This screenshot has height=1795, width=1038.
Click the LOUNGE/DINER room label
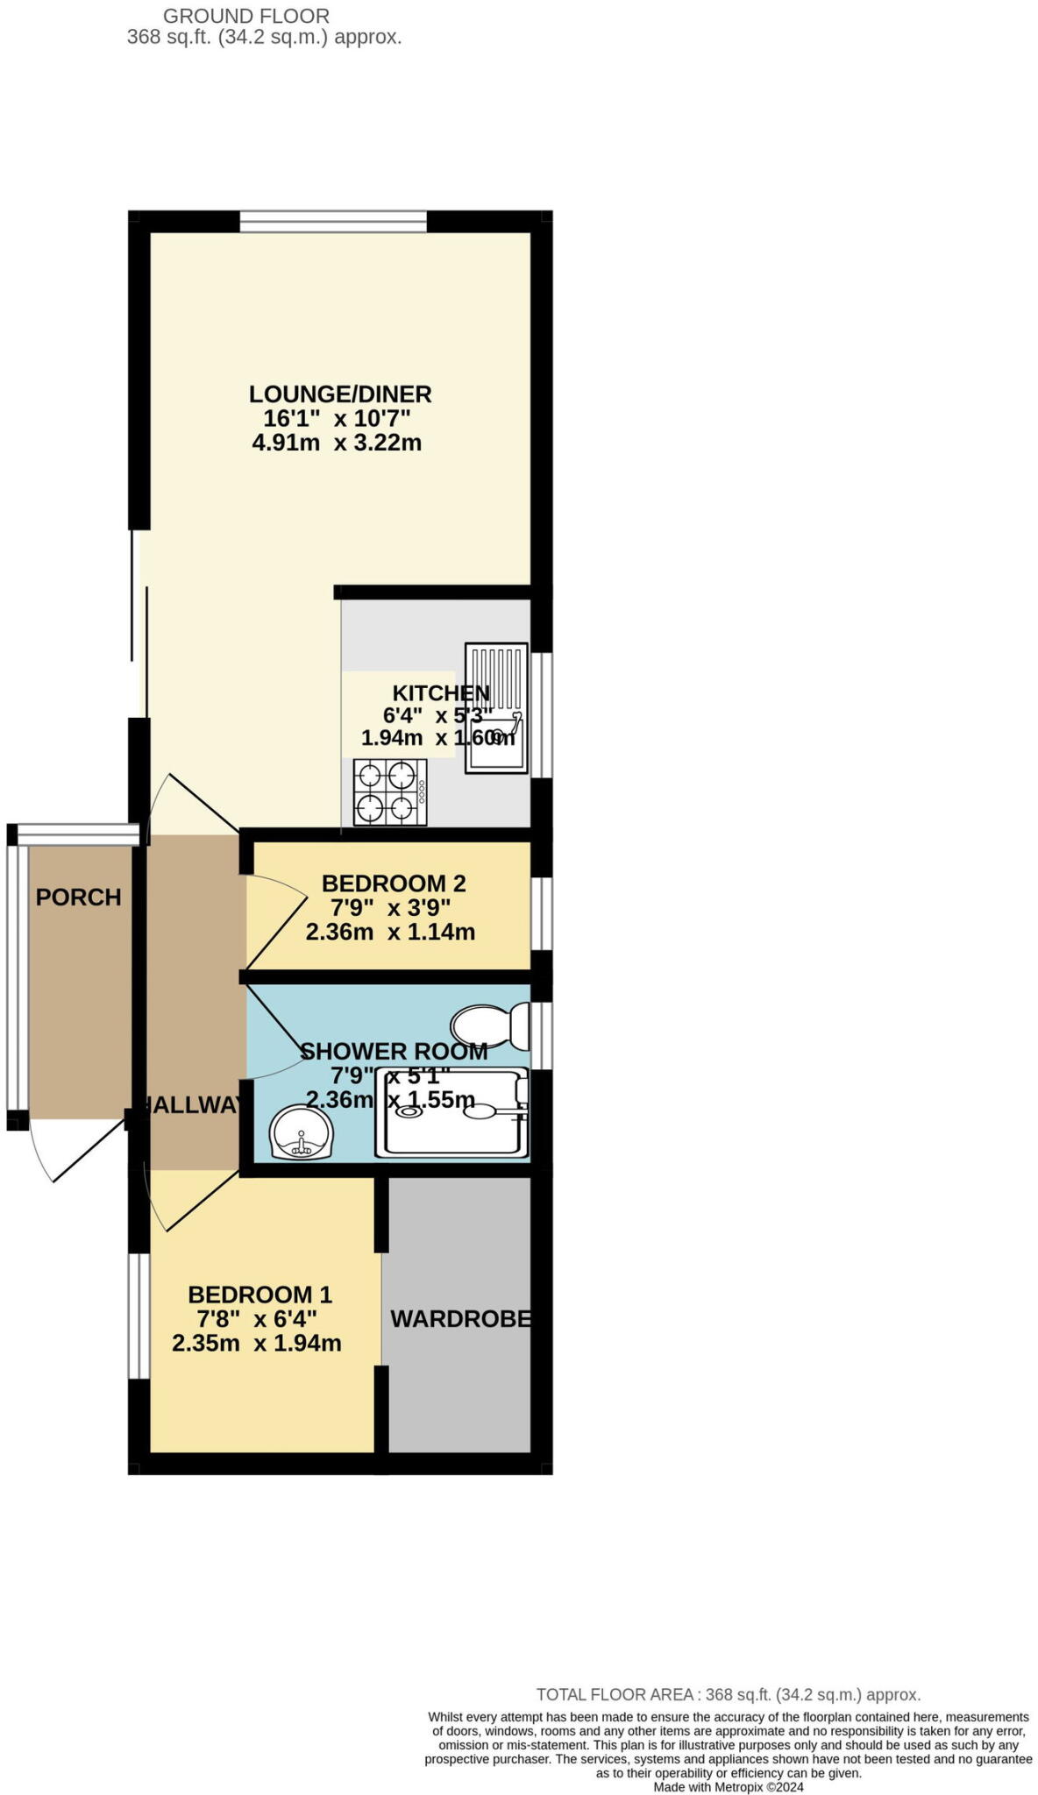(340, 394)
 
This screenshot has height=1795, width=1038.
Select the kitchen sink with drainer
(497, 708)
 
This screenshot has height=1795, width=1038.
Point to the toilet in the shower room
(489, 1025)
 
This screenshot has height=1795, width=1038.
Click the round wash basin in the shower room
(301, 1132)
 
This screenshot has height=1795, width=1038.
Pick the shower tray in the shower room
(451, 1111)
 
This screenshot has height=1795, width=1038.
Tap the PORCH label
(78, 897)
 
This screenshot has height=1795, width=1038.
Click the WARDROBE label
(460, 1318)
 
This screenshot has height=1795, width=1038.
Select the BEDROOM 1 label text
(259, 1295)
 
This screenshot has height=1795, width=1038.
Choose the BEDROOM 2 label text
(394, 883)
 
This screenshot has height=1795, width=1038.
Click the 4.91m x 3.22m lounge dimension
(337, 443)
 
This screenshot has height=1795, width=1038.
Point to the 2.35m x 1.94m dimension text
(257, 1343)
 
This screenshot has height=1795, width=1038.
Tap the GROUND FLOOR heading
(246, 16)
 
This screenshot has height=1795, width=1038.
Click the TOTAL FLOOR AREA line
(728, 1695)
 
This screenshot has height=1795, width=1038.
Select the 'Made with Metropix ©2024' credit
(728, 1787)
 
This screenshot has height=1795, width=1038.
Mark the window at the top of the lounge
(333, 222)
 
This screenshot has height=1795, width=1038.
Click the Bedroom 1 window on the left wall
(139, 1316)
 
